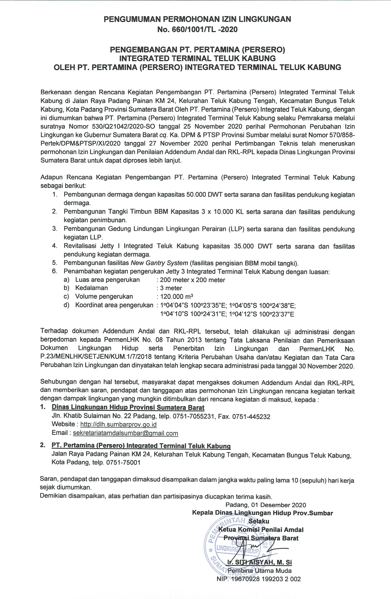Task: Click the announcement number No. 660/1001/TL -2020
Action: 197,30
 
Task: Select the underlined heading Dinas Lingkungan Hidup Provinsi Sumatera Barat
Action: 128,407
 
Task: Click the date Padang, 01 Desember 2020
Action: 266,505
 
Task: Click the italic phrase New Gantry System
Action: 159,263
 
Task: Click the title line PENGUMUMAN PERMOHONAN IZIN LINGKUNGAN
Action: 197,19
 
